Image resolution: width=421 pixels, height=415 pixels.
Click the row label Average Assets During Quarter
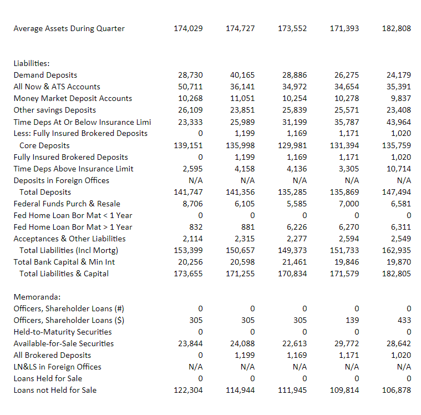69,28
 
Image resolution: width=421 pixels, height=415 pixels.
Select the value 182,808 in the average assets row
397,28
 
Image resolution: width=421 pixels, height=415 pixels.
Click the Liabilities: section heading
32,63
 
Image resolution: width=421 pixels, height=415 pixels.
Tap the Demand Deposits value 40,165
242,75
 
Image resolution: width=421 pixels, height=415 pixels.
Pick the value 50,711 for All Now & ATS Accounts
190,87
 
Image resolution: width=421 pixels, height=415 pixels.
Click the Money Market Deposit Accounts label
73,98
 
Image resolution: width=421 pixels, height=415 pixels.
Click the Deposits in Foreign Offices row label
61,180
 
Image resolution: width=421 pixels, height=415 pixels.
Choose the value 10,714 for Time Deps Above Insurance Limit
399,169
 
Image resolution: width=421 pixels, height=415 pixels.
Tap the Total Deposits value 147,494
397,192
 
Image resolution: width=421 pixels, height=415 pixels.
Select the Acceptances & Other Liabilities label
69,239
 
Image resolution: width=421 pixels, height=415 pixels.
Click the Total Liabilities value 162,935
397,250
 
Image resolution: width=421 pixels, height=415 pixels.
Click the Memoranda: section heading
34,297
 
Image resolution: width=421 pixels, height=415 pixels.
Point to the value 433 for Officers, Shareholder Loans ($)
404,320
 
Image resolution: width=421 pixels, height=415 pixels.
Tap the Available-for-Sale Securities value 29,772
347,343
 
